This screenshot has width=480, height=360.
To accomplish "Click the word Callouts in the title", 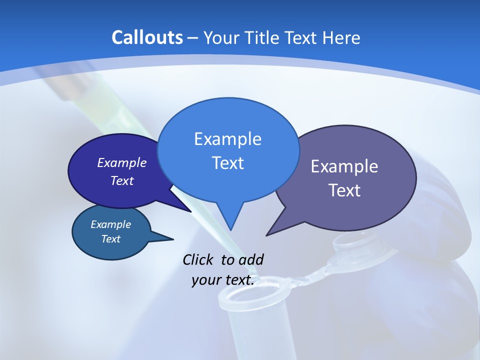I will point(147,37).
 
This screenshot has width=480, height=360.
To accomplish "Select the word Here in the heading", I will point(342,37).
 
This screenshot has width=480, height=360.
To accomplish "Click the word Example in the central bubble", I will point(227,139).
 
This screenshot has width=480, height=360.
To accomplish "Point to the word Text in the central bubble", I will point(227,163).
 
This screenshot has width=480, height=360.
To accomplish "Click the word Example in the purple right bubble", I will point(344,166).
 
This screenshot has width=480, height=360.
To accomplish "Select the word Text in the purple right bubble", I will point(344,190).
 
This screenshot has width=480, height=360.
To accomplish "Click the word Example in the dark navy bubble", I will point(122,162).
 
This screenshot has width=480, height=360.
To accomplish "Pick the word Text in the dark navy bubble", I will point(122,180).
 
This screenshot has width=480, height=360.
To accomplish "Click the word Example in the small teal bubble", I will point(110,224).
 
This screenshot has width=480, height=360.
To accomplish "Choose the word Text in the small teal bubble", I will point(110,239).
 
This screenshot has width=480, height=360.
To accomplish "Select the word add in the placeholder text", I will point(251,259).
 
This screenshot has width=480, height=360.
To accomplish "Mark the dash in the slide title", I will point(193,38).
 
